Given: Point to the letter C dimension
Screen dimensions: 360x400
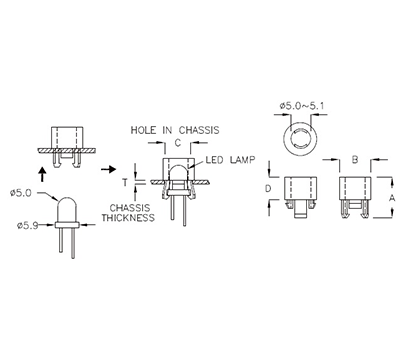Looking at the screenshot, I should [176, 144].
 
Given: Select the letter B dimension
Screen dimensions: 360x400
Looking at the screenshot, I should [355, 160].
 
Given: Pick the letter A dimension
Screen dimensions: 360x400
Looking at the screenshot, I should [391, 198].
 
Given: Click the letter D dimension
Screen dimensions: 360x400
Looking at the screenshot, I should [266, 186].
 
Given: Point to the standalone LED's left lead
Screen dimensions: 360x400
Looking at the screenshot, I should [62, 240].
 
